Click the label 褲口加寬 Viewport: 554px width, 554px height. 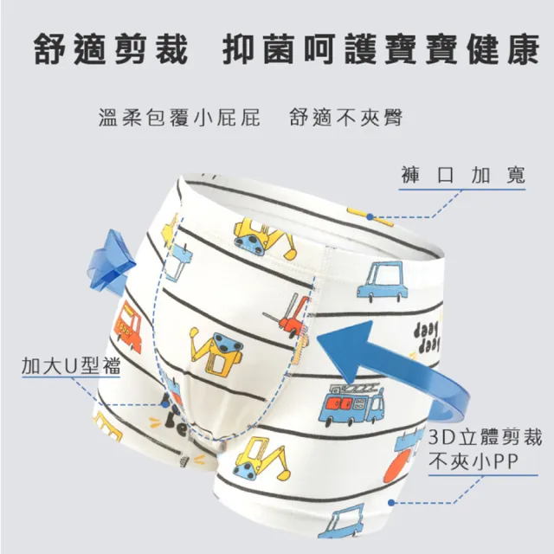pos(463,175)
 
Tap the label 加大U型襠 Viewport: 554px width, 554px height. pos(71,365)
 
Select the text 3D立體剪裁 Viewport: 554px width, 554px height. pos(485,437)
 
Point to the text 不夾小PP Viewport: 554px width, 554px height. pos(473,461)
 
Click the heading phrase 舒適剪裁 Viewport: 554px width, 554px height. pos(110,48)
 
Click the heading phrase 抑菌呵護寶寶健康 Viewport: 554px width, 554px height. pos(381,48)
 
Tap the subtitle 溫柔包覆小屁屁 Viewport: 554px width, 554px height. pos(179,118)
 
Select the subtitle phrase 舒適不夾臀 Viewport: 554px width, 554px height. pos(346,118)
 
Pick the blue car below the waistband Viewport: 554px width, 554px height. pos(382,281)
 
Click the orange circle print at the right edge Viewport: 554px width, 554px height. pos(399,467)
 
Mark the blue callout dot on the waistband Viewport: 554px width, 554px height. pos(370,217)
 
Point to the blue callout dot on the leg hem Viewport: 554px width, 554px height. pos(391,502)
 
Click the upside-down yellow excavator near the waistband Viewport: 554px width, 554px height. pos(263,236)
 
